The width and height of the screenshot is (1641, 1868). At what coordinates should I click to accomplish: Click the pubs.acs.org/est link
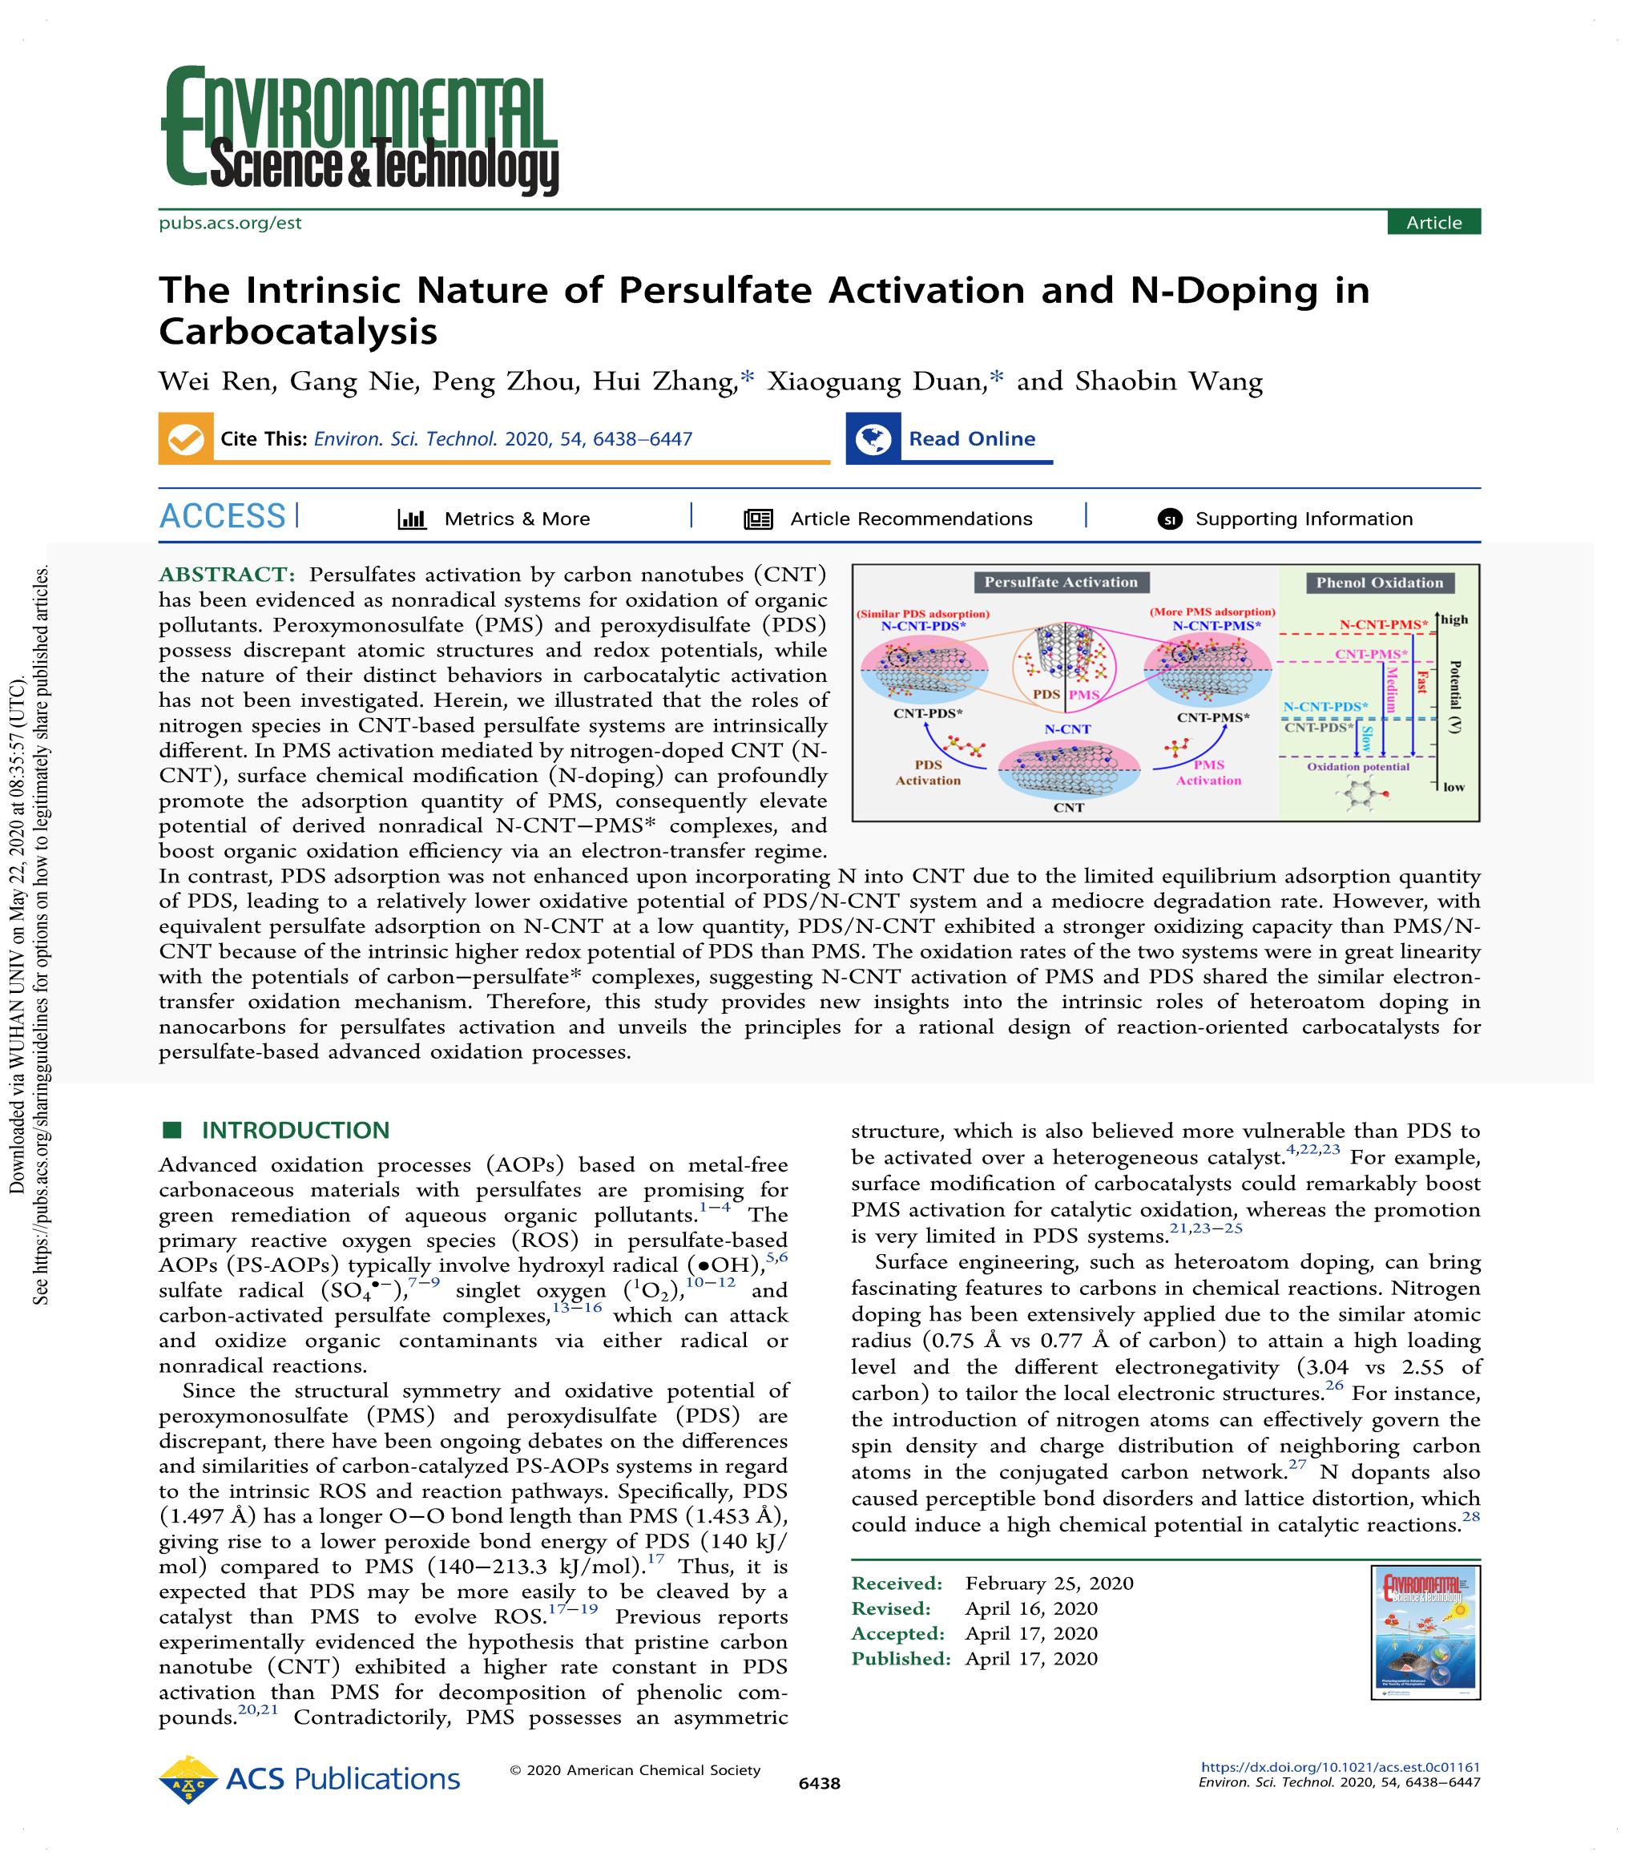pyautogui.click(x=229, y=222)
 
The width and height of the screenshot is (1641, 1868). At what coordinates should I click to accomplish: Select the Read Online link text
pyautogui.click(x=971, y=438)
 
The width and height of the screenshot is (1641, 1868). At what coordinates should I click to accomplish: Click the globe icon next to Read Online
pyautogui.click(x=873, y=438)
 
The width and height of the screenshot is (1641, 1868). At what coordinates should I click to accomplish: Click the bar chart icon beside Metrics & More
pyautogui.click(x=412, y=519)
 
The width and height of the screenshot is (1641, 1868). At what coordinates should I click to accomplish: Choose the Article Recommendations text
pyautogui.click(x=910, y=519)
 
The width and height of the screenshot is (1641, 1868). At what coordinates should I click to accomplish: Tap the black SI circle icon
pyautogui.click(x=1170, y=519)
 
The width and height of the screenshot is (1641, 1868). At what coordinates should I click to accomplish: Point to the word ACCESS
pyautogui.click(x=222, y=516)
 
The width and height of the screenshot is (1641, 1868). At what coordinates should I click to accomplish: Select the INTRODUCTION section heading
pyautogui.click(x=295, y=1131)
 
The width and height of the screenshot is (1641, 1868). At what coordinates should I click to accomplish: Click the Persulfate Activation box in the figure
pyautogui.click(x=1060, y=582)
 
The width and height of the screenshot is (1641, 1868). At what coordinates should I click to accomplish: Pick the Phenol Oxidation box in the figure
pyautogui.click(x=1379, y=582)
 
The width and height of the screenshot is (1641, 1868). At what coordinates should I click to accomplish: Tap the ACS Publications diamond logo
pyautogui.click(x=188, y=1779)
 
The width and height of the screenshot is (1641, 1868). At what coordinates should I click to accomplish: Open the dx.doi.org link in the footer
pyautogui.click(x=1340, y=1768)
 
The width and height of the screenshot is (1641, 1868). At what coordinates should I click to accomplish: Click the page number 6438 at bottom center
pyautogui.click(x=819, y=1783)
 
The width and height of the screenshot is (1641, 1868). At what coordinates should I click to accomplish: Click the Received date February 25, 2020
pyautogui.click(x=1049, y=1583)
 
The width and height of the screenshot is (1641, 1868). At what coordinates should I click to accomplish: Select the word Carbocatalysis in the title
pyautogui.click(x=298, y=331)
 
